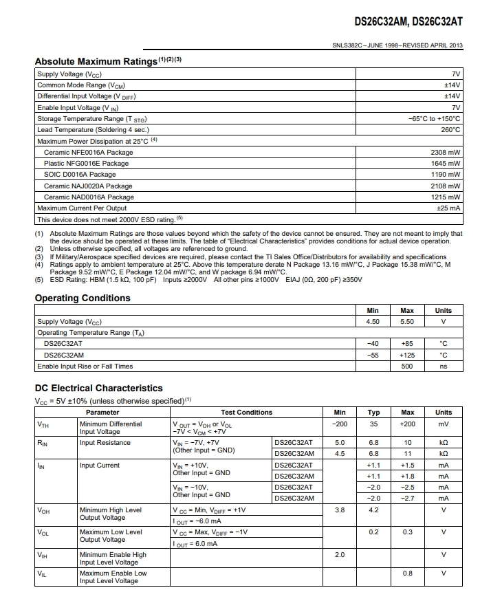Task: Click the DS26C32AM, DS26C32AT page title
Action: click(408, 21)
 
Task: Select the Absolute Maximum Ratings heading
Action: click(96, 61)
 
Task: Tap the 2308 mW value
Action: click(446, 152)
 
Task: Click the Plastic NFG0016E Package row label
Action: click(86, 164)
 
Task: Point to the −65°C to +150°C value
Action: click(434, 119)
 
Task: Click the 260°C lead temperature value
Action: click(450, 130)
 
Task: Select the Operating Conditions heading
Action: click(83, 298)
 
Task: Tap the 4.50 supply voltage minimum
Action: click(373, 322)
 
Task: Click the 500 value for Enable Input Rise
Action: click(407, 367)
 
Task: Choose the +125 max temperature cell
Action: click(407, 356)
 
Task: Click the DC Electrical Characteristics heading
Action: click(98, 388)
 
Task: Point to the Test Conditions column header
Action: click(246, 413)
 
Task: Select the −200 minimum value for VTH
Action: click(340, 424)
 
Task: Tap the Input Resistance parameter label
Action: click(105, 443)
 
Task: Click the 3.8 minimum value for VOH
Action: click(340, 510)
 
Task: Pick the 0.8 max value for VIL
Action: click(408, 573)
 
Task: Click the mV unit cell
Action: click(444, 424)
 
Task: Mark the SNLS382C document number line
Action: click(397, 46)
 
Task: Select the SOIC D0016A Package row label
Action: click(80, 175)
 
